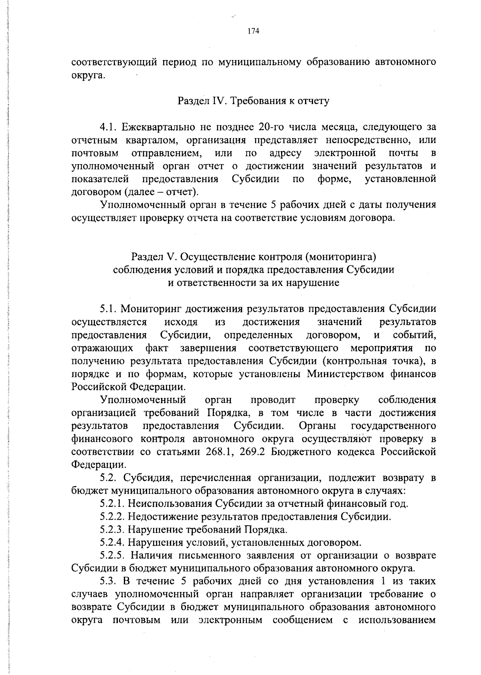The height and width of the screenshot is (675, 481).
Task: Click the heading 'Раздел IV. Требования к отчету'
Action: tap(253, 101)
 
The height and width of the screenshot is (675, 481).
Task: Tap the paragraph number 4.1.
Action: tap(108, 127)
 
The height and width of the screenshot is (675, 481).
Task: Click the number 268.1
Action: tap(220, 452)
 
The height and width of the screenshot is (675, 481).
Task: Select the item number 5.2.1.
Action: tap(112, 504)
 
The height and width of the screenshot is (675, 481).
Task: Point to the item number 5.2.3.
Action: tap(112, 530)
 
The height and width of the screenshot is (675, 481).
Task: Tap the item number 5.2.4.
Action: tap(112, 543)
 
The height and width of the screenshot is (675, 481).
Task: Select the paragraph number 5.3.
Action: tap(108, 581)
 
